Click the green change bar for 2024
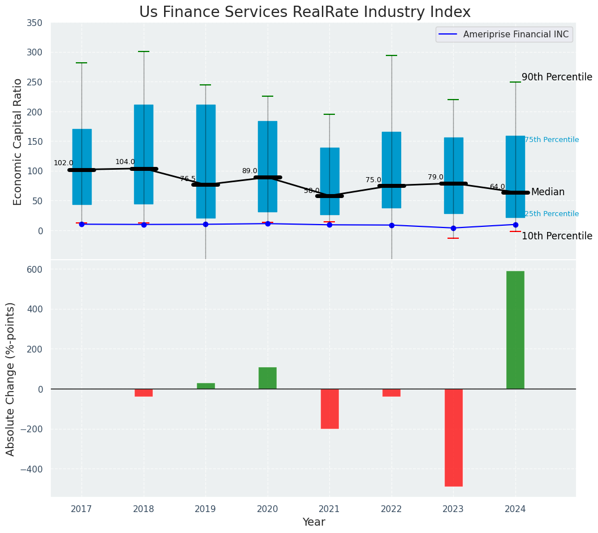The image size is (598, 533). click(515, 330)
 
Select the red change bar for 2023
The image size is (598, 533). click(453, 437)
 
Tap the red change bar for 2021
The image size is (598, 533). click(329, 409)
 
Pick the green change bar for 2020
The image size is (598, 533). click(268, 378)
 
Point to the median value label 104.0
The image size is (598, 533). click(125, 162)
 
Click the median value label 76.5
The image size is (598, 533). click(188, 179)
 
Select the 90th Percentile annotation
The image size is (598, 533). click(556, 77)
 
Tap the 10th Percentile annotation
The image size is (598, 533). click(556, 236)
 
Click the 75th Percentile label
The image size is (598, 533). click(551, 140)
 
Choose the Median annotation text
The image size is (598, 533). click(547, 192)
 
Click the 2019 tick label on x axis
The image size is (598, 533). click(205, 509)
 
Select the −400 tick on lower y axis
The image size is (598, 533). click(32, 469)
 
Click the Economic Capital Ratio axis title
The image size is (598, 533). click(18, 141)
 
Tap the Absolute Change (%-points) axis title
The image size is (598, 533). click(11, 379)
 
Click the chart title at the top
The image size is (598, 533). click(304, 12)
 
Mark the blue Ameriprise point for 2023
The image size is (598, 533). click(453, 228)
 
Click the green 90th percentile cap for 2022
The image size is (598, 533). click(392, 55)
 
